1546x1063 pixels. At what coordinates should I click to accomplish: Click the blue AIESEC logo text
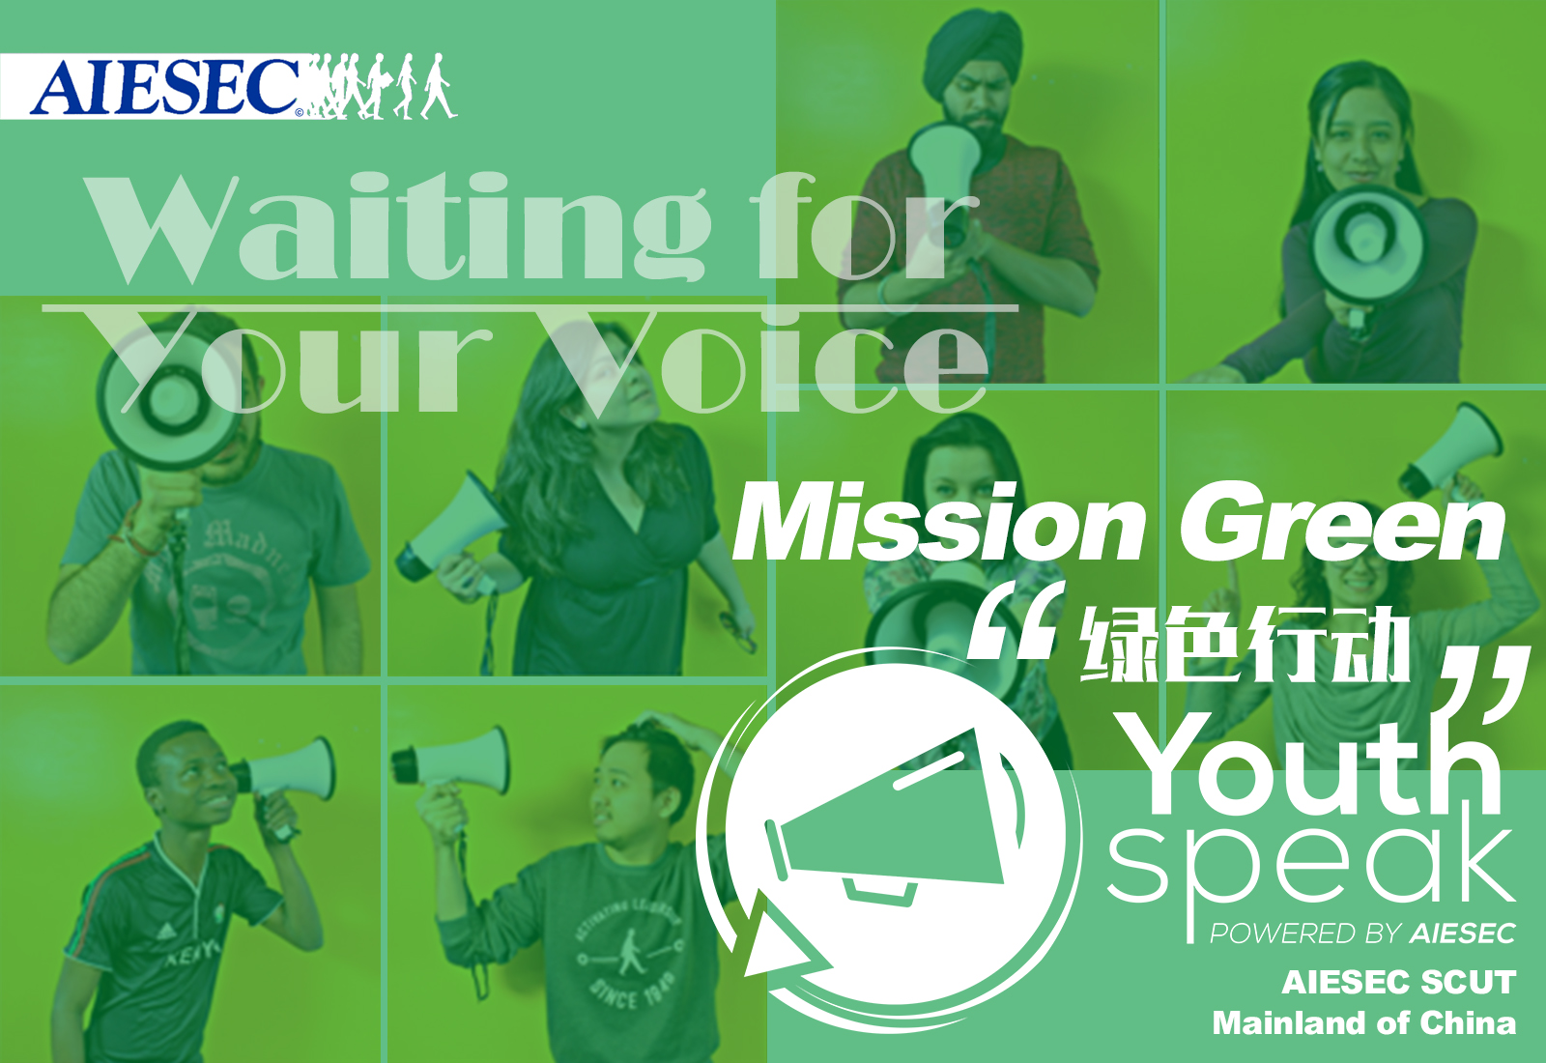165,87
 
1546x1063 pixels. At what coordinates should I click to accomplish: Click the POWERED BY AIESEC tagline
1363,934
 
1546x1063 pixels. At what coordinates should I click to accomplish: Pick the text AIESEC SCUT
1399,982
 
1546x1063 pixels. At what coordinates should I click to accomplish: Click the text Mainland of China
1364,1023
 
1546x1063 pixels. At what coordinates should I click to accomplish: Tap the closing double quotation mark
1484,687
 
